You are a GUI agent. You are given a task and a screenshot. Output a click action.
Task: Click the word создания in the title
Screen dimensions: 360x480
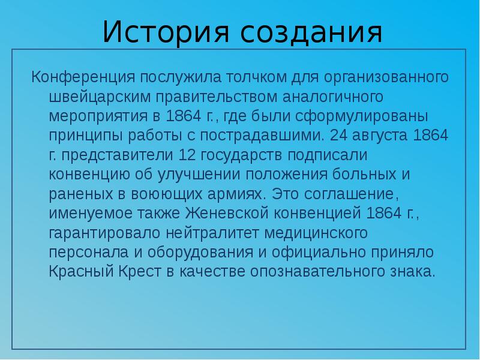pyautogui.click(x=312, y=32)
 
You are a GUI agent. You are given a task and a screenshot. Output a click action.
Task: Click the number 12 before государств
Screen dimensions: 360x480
pyautogui.click(x=188, y=155)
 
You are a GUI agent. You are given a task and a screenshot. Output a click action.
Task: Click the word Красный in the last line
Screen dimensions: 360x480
pyautogui.click(x=79, y=271)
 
